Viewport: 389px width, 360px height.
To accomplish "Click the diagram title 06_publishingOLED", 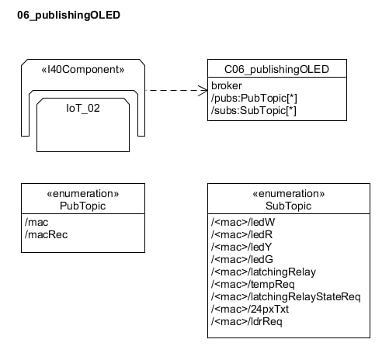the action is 68,16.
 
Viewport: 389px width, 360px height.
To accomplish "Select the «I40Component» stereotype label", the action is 83,69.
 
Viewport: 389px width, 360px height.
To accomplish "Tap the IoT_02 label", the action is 83,108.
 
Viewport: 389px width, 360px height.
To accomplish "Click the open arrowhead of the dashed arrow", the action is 203,90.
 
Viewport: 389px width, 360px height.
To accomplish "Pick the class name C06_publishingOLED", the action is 276,69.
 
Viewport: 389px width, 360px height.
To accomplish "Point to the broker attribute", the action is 227,85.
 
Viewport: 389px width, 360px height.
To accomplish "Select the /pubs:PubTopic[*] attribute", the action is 254,98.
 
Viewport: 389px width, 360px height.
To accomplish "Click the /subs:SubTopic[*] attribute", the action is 254,110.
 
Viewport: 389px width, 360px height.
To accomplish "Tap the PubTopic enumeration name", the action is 83,206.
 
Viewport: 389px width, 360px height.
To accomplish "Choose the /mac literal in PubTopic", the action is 36,222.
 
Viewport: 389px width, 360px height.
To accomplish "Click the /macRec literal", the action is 47,234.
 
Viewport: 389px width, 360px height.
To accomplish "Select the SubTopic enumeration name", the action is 288,206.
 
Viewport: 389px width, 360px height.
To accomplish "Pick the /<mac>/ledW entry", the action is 243,222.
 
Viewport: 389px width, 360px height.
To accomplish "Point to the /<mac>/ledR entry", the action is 241,234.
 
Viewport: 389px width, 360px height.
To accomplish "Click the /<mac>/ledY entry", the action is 241,247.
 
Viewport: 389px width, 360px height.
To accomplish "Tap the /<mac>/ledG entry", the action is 242,259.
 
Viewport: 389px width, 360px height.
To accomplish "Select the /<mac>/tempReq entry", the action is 253,285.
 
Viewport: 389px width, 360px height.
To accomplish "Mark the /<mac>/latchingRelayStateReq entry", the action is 286,297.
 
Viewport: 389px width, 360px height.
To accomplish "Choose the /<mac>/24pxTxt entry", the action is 250,310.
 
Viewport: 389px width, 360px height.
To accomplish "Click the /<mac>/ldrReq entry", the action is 247,322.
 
